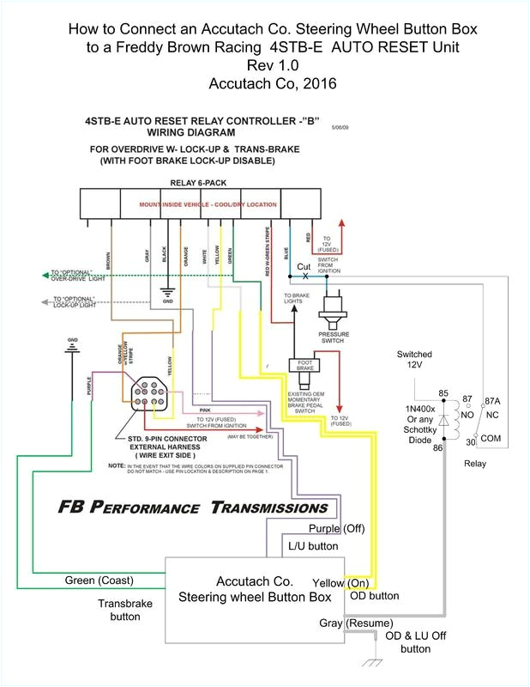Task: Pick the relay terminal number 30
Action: click(x=470, y=441)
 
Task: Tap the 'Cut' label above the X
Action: click(x=304, y=267)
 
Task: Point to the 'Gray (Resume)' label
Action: click(x=356, y=622)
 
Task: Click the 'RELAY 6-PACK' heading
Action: click(x=197, y=183)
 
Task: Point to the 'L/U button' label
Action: click(x=314, y=546)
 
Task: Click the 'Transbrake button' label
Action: click(x=124, y=610)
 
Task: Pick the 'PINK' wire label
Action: click(x=203, y=387)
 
